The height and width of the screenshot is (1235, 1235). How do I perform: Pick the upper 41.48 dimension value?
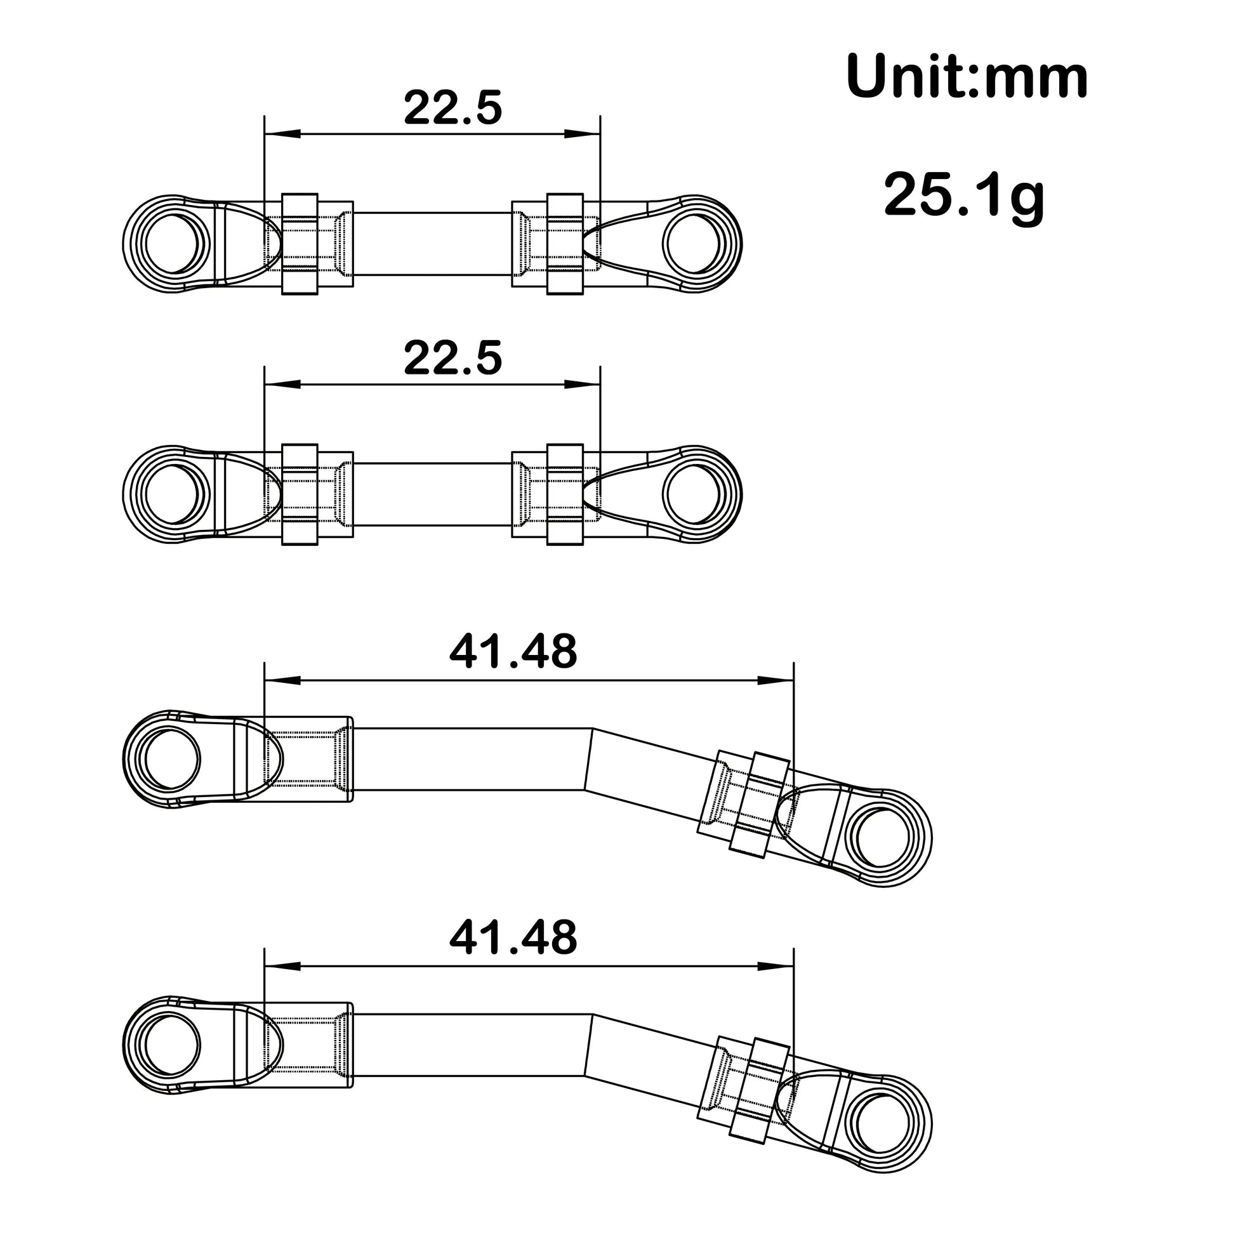tap(513, 652)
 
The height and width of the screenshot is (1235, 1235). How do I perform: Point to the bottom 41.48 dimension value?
tap(513, 938)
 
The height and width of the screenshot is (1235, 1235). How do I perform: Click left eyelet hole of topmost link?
tap(174, 244)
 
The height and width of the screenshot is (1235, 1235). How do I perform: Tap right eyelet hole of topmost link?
tap(694, 244)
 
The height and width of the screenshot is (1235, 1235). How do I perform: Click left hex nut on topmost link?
tap(300, 244)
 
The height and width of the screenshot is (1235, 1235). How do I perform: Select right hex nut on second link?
tap(565, 495)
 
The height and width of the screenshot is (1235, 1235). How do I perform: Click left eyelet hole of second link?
tap(174, 495)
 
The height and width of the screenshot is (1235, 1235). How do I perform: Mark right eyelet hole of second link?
tap(694, 495)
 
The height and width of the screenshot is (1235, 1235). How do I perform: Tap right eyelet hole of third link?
tap(881, 838)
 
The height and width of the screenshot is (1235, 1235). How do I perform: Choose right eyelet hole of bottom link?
tap(881, 1124)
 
